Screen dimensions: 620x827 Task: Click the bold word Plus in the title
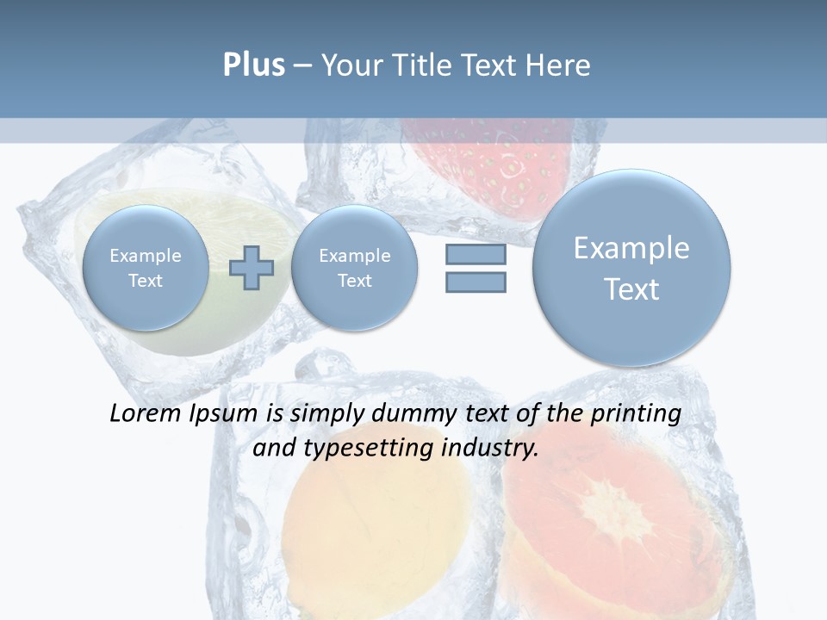(x=253, y=65)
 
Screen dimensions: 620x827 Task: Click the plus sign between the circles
(x=252, y=268)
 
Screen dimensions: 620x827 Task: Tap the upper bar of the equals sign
(x=476, y=255)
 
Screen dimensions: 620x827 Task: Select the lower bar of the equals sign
(x=476, y=282)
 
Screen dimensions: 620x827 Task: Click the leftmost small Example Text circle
(x=146, y=268)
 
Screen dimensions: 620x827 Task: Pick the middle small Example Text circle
(x=354, y=268)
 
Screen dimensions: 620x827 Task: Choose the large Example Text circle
(x=631, y=268)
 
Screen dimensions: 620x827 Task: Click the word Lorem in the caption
(x=147, y=413)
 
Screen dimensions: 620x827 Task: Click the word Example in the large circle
(x=631, y=248)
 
